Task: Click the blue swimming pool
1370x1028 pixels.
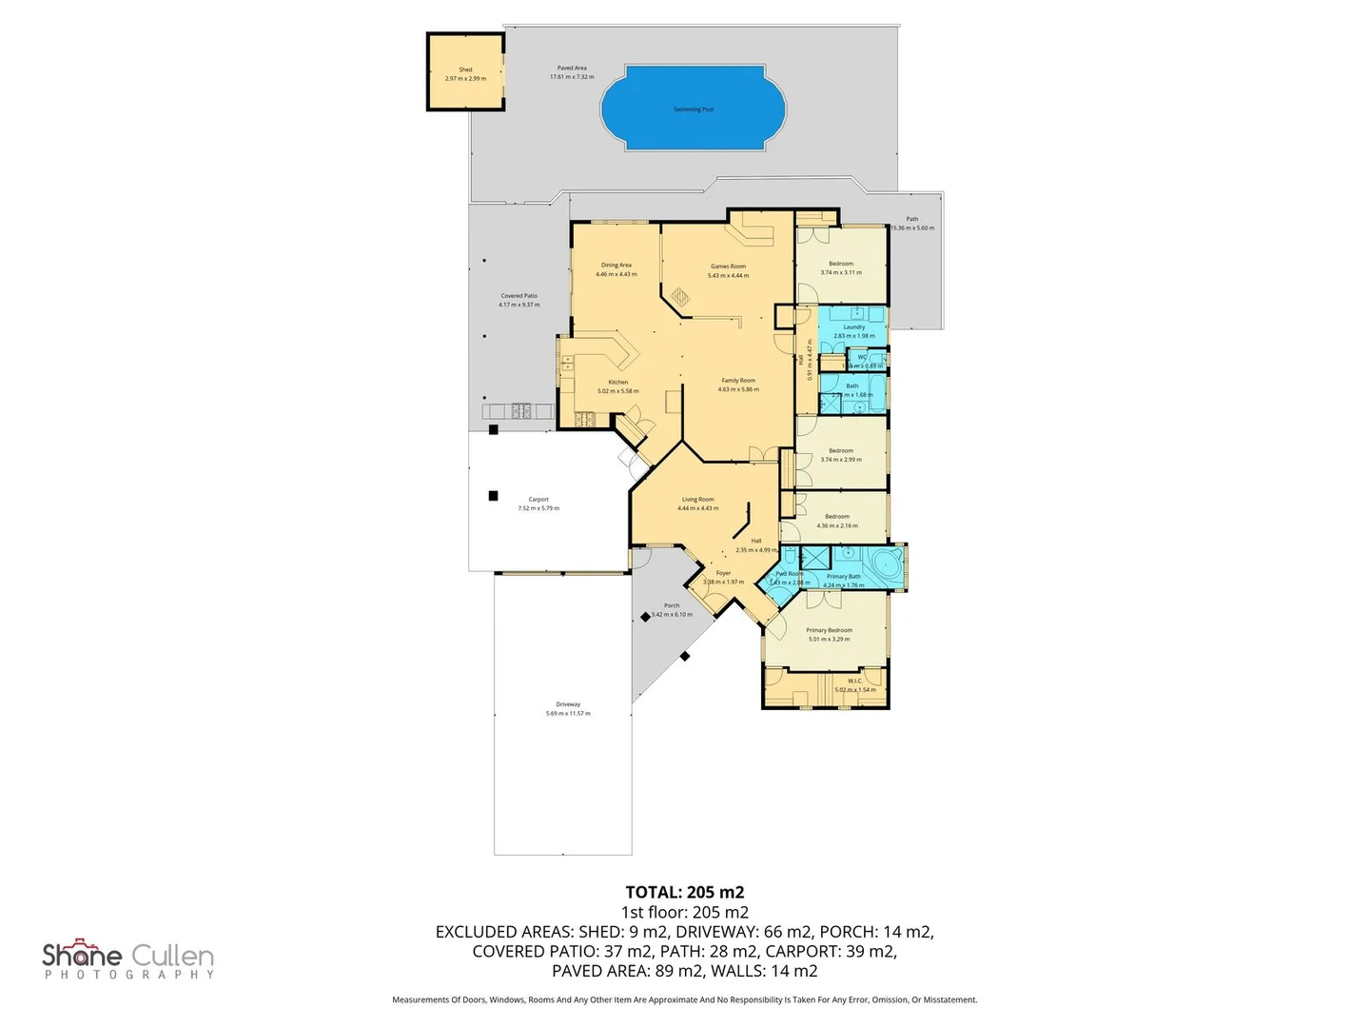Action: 693,108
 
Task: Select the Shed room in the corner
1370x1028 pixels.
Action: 465,73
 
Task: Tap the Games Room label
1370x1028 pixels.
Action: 728,267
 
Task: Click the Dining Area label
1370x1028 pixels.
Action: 616,266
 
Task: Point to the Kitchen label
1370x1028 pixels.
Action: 617,383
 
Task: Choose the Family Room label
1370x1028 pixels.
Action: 738,381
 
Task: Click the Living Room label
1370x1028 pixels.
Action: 697,500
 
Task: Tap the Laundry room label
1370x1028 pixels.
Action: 853,327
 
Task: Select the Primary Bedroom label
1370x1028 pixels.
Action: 829,630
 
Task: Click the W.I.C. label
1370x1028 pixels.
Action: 854,681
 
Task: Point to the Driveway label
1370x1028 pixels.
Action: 568,705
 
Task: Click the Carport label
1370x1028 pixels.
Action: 538,500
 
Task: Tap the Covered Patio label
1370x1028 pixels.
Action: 519,296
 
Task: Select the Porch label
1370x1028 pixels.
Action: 672,605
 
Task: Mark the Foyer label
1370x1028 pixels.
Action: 723,573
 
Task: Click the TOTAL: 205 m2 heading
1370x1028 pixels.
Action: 685,892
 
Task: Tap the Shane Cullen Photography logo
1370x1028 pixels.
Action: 128,959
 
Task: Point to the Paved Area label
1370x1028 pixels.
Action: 572,69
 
